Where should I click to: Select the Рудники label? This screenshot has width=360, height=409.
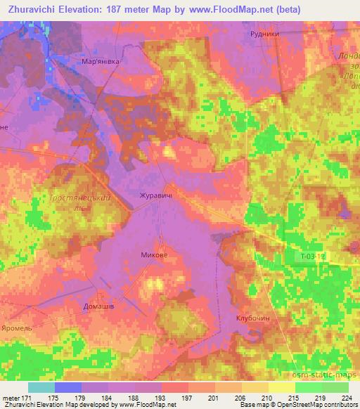coord(266,33)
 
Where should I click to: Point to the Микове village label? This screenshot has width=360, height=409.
coord(154,255)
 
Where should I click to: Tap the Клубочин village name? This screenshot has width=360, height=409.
coord(253,318)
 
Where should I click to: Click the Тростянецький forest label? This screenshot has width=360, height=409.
coord(81,198)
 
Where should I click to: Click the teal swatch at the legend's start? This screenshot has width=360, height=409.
coord(41,387)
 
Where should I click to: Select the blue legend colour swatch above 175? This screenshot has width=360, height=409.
coord(68,387)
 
